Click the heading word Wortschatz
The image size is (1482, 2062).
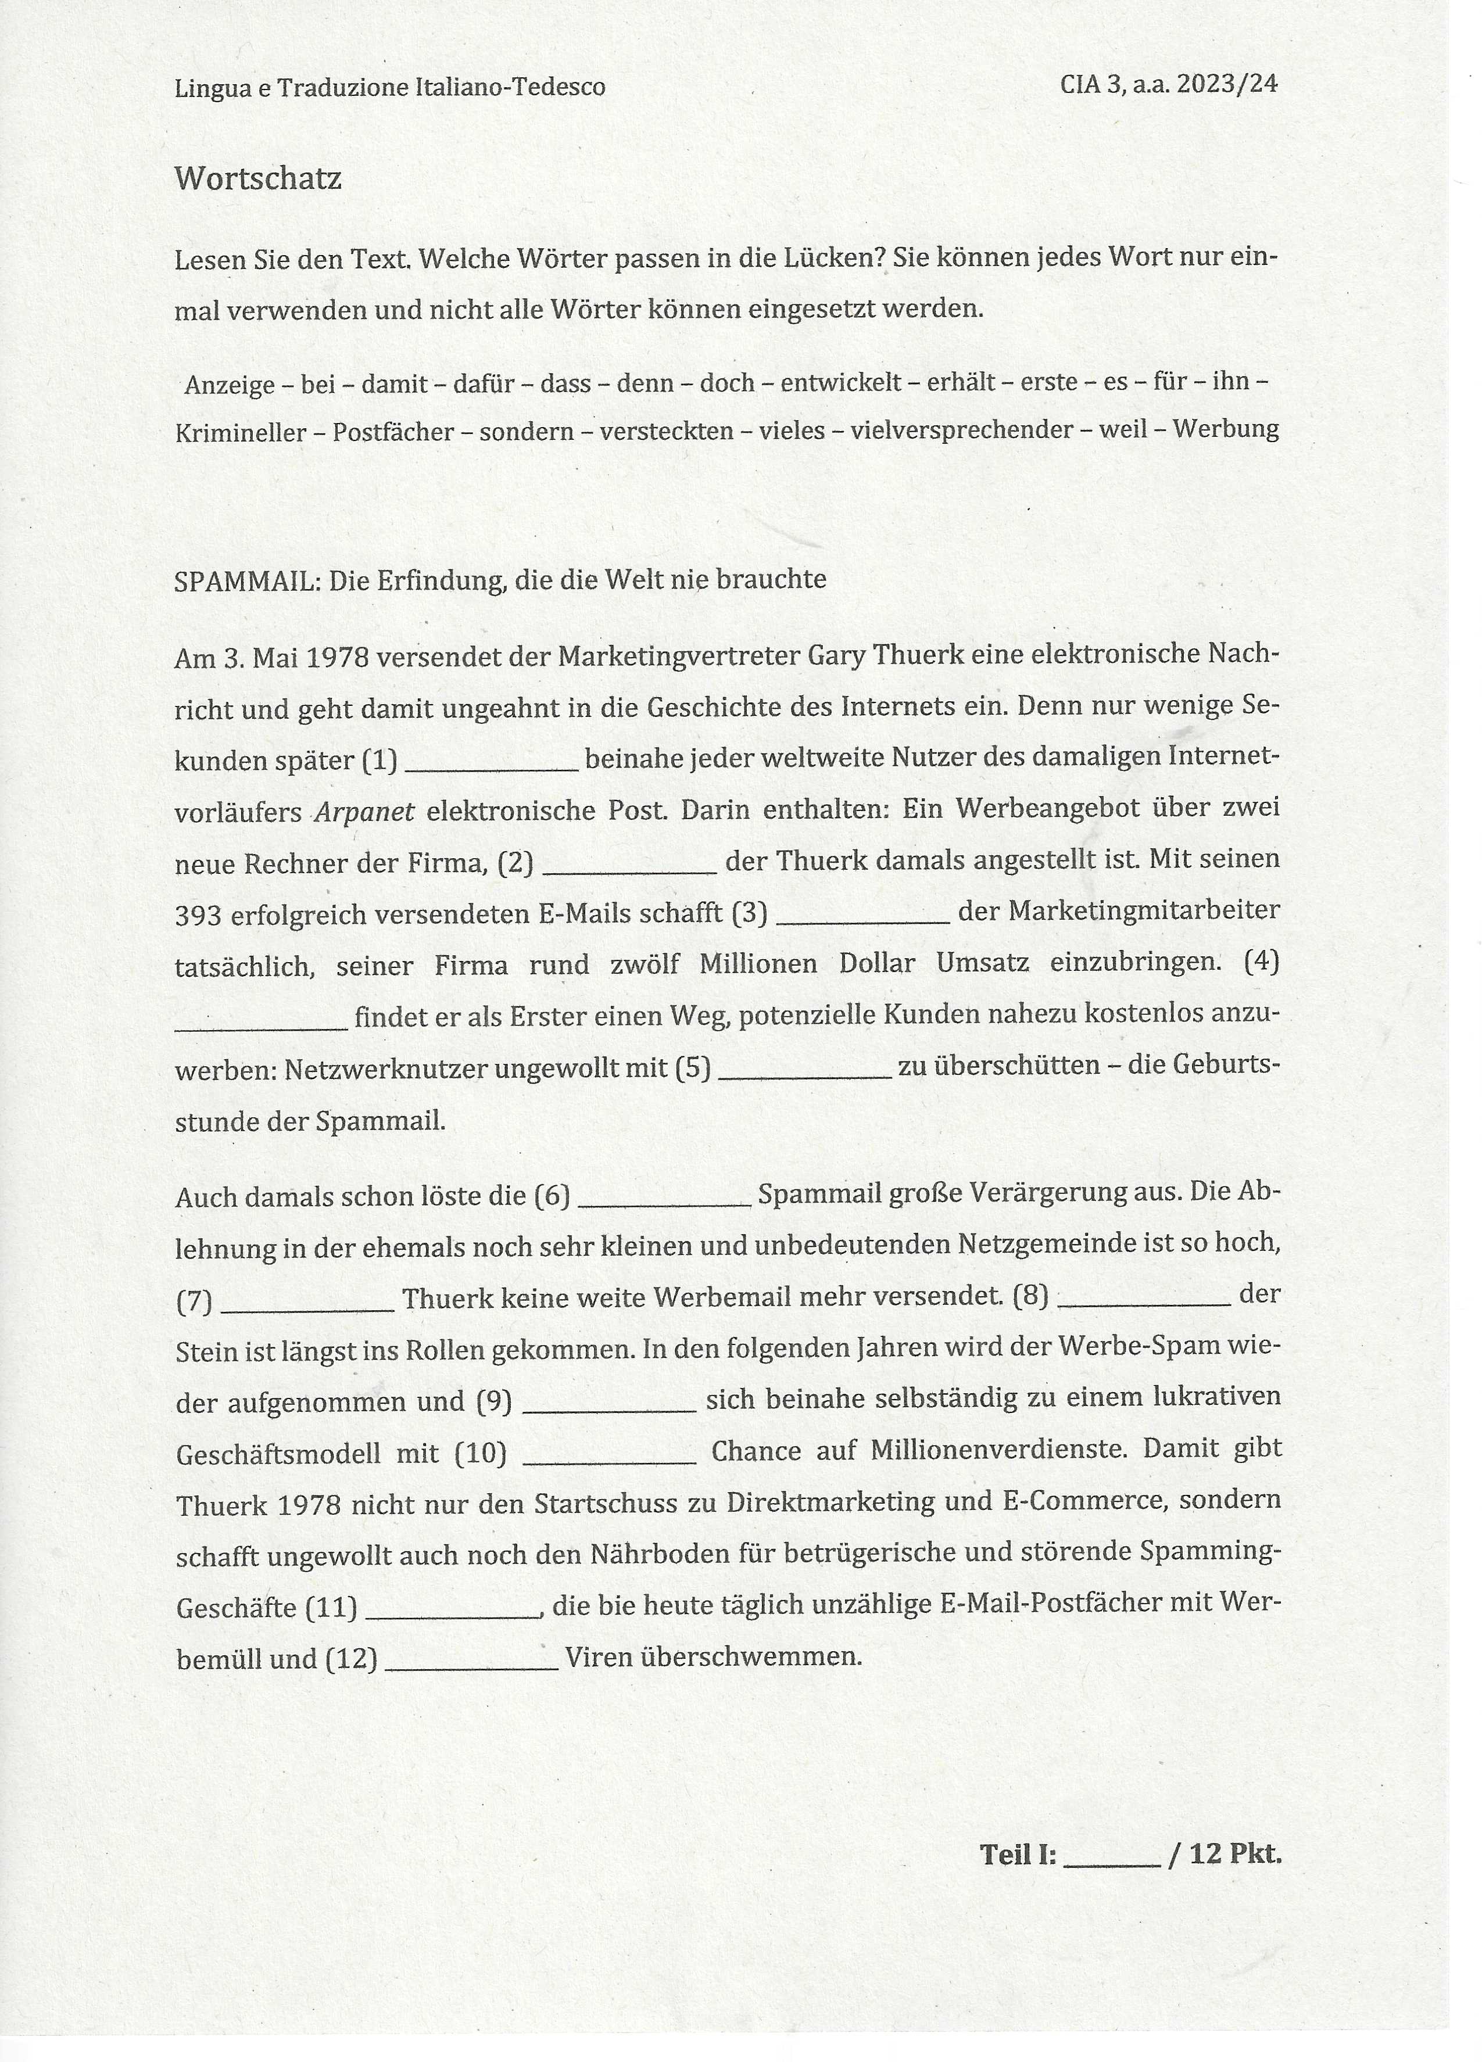pos(257,178)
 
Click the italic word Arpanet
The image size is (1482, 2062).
pos(364,811)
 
